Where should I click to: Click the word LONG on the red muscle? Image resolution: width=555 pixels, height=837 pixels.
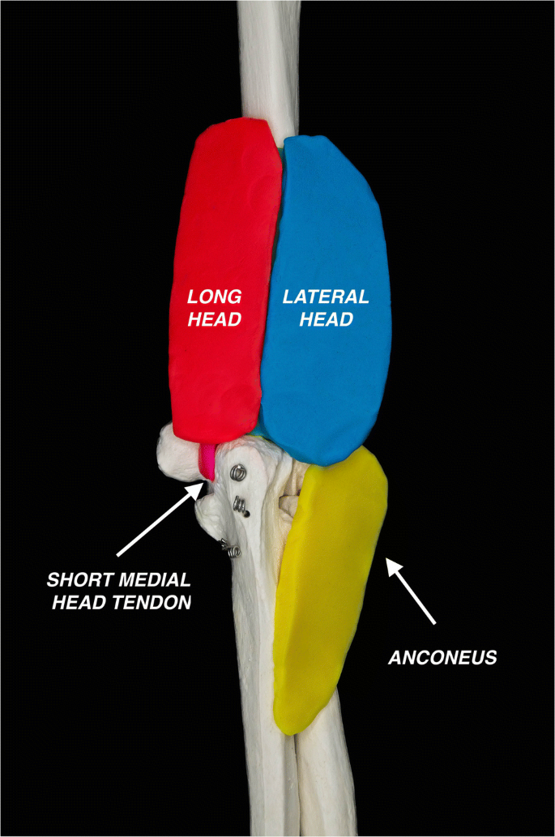[x=215, y=297]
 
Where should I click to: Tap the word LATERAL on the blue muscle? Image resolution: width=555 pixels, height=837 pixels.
[x=326, y=297]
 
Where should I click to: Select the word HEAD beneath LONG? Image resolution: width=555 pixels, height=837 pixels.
[x=215, y=319]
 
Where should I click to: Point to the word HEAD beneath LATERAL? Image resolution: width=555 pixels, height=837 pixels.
[x=326, y=319]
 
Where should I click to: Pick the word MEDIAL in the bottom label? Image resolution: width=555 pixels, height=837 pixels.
[x=152, y=580]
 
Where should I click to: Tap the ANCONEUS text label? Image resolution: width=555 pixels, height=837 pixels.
[x=442, y=658]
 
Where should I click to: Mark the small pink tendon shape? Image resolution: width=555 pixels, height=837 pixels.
[x=209, y=460]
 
